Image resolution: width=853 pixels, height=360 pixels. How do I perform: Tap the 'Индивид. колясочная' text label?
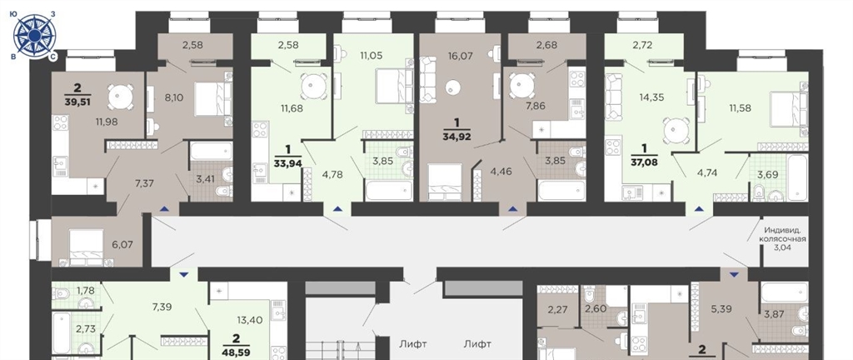click(784, 235)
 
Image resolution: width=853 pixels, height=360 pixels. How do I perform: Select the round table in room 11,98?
click(120, 97)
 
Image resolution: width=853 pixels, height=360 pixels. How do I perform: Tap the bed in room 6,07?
click(86, 247)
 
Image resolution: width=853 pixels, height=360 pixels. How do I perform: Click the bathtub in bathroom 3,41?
click(211, 151)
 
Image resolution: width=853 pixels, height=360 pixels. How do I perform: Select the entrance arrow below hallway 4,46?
click(512, 209)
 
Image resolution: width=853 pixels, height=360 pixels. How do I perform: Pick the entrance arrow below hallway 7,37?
click(164, 209)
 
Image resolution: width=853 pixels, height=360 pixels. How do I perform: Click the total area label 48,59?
click(236, 352)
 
